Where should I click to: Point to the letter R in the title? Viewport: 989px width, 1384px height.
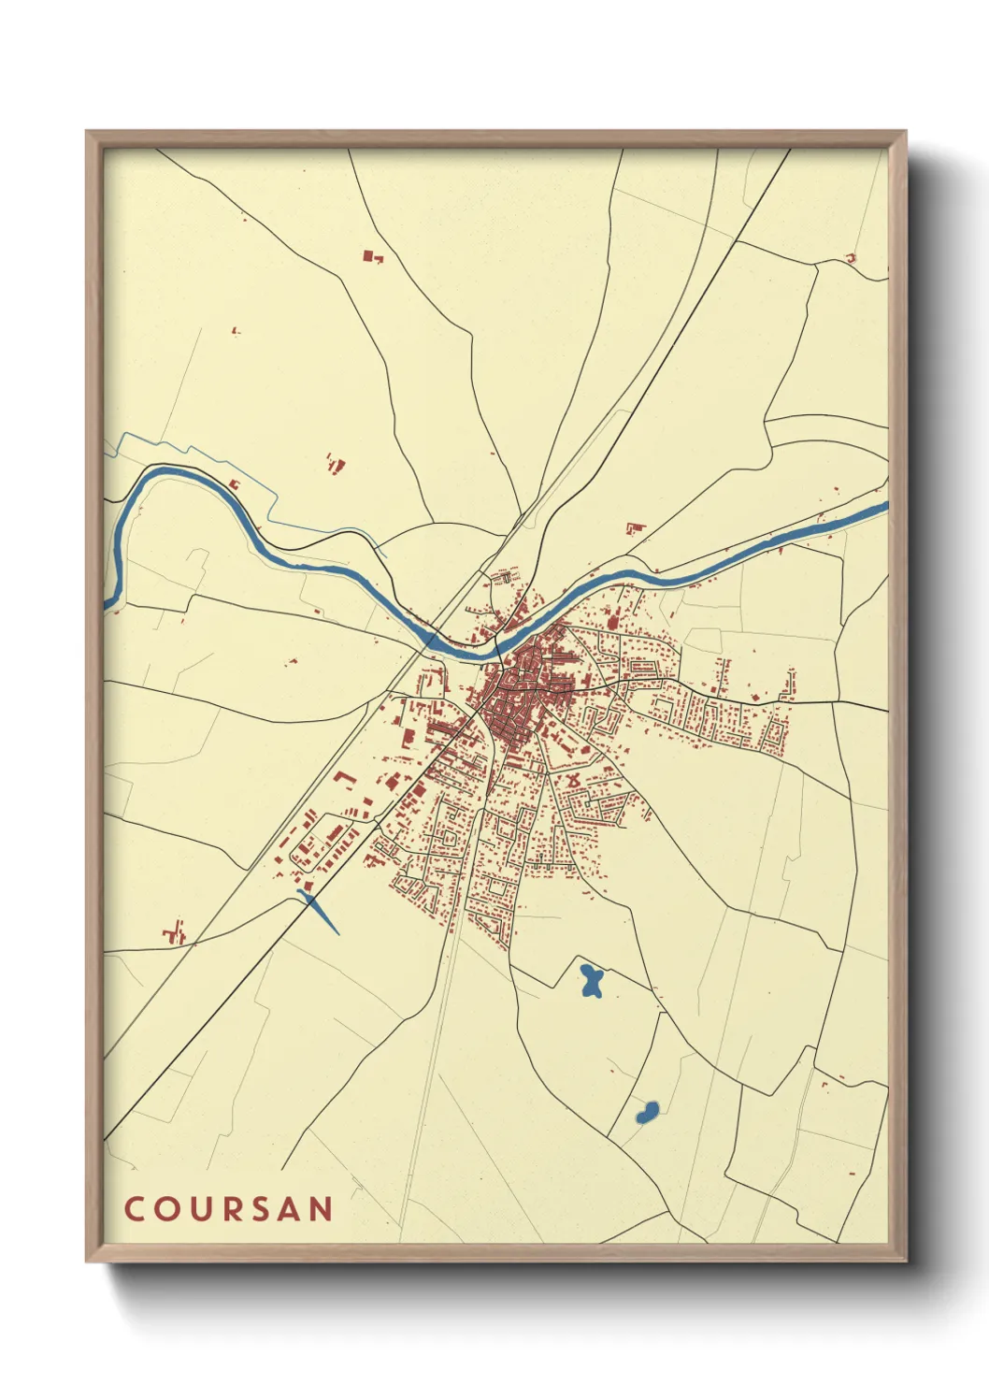(x=229, y=1209)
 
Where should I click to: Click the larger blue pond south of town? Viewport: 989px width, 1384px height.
(x=591, y=981)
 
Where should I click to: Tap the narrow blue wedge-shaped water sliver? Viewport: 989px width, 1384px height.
(x=320, y=911)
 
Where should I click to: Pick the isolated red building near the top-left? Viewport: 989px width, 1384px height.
(x=372, y=255)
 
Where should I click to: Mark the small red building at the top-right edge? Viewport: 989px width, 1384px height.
(x=851, y=258)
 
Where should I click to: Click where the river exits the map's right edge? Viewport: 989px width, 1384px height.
(x=882, y=508)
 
